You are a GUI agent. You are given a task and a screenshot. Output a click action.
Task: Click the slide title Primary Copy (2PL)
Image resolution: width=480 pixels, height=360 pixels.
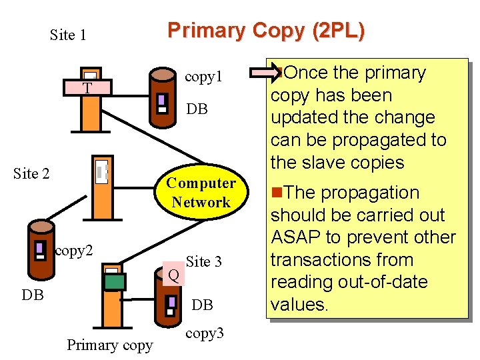point(265,31)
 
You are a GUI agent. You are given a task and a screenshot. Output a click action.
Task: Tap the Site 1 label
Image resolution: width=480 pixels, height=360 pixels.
point(68,35)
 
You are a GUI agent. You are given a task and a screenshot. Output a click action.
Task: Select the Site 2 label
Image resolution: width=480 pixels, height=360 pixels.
point(31,174)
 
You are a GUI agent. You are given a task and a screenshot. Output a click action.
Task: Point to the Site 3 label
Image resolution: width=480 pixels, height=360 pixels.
point(204,262)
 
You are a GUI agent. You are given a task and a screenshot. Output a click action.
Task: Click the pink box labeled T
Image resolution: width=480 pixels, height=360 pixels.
point(87,88)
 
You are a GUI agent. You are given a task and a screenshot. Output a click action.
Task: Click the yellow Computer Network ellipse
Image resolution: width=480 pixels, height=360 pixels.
point(201,193)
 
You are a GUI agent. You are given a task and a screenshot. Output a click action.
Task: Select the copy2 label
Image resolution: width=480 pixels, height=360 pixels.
point(74,251)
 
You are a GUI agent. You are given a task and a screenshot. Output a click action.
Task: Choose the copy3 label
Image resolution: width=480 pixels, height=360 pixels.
point(205,333)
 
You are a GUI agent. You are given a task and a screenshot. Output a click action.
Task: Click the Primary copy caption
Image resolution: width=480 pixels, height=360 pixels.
point(109,345)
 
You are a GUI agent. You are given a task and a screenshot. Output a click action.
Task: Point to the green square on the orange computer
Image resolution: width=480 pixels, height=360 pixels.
point(114,281)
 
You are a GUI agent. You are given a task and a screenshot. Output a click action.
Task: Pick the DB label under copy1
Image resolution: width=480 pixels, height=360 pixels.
point(197,109)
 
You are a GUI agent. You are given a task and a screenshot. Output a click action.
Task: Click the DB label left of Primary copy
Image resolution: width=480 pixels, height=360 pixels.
point(33,295)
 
